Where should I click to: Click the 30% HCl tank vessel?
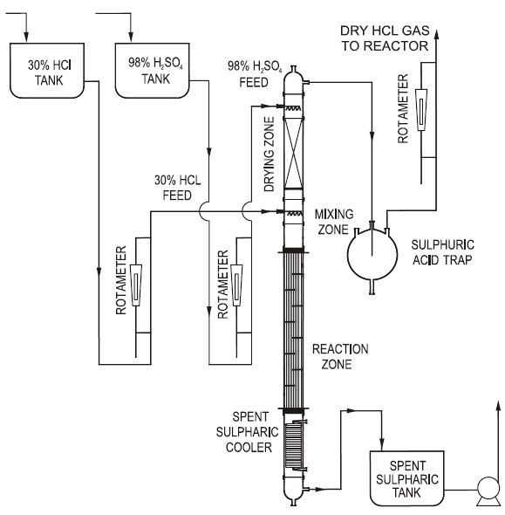point(47,71)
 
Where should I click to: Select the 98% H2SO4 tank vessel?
point(153,71)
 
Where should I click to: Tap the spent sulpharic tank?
point(407,478)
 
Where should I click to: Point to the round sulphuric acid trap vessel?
point(372,257)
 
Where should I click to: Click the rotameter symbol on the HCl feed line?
point(136,285)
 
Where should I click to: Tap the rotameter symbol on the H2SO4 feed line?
point(236,285)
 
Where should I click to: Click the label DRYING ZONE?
point(269,154)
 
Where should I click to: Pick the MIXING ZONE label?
point(334,222)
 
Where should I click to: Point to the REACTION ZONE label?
point(340,356)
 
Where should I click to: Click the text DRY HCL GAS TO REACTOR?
point(385,38)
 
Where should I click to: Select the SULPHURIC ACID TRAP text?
point(443,252)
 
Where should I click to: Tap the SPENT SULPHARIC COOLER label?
point(248,432)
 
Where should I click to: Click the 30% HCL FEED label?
point(178,188)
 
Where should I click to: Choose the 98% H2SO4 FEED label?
point(255,74)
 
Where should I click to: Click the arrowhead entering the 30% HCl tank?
point(26,38)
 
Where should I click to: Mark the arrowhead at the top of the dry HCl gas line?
point(436,34)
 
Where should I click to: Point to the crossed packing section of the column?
point(293,154)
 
